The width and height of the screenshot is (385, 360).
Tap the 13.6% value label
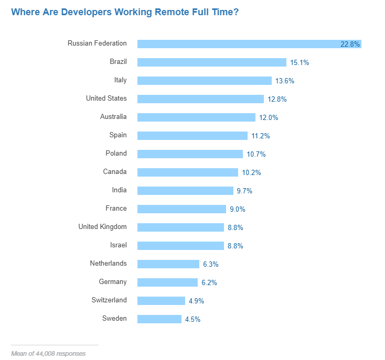[x=285, y=81]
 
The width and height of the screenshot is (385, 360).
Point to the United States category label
[x=106, y=99]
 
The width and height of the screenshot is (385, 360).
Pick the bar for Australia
[x=196, y=117]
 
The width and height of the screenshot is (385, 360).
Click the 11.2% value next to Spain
[x=260, y=136]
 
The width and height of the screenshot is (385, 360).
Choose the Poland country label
[x=116, y=154]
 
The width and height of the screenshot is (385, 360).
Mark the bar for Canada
[x=188, y=172]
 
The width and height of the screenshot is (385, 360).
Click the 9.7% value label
[x=244, y=191]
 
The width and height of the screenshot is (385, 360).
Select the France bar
[x=181, y=209]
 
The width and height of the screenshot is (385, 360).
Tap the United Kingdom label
[x=102, y=227]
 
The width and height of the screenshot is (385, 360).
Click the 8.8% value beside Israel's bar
[x=235, y=246]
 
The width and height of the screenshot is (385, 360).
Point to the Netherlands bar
[x=168, y=264]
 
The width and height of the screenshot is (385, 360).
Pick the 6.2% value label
[x=209, y=282]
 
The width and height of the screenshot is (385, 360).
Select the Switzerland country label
[x=109, y=300]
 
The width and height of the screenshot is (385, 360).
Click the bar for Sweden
[x=159, y=319]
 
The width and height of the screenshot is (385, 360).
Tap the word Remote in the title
[x=171, y=12]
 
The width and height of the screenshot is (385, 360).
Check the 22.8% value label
[x=350, y=45]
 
